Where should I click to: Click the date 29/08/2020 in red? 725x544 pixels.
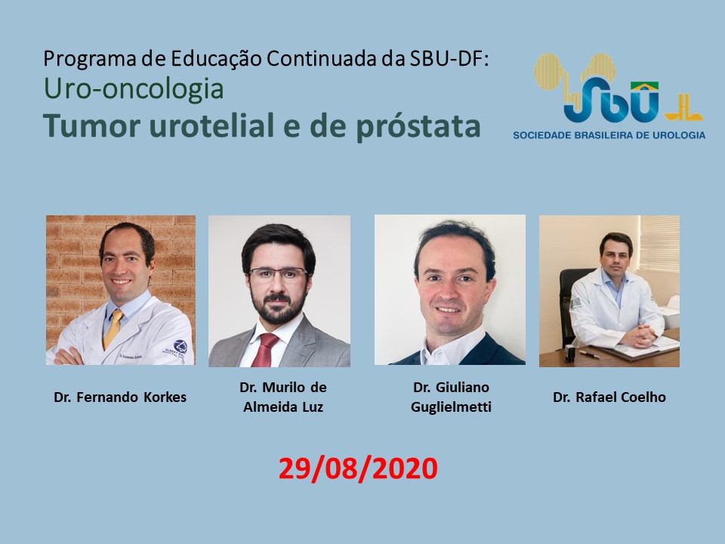(358, 468)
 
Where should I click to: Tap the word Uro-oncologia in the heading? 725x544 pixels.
(134, 88)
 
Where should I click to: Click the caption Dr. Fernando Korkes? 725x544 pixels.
(120, 397)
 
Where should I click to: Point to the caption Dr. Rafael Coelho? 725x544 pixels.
(609, 397)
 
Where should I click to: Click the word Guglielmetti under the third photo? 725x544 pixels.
(451, 407)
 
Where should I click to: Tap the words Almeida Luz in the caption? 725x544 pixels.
(283, 407)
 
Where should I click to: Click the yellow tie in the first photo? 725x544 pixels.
(114, 329)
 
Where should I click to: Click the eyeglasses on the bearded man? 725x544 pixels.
(278, 274)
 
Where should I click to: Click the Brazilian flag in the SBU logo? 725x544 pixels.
(644, 87)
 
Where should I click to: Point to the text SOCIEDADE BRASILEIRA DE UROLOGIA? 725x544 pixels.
(609, 135)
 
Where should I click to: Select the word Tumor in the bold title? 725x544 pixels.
(94, 125)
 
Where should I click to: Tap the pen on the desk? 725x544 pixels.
(590, 355)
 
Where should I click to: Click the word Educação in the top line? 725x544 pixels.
(217, 60)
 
